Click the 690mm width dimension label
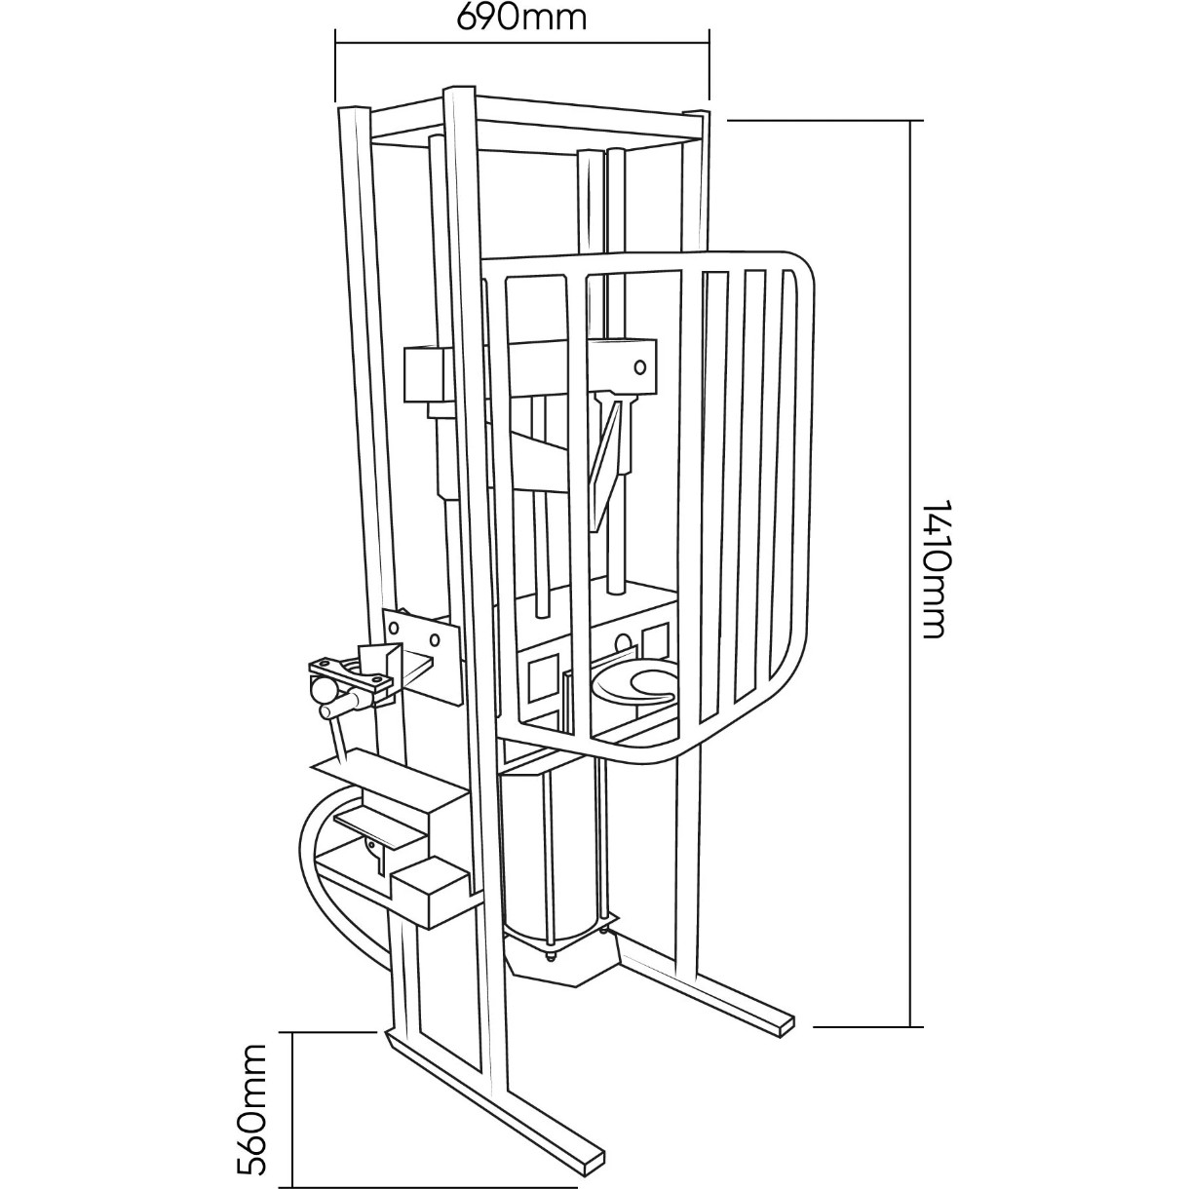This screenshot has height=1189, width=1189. pyautogui.click(x=520, y=19)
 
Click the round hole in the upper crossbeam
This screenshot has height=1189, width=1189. pyautogui.click(x=640, y=367)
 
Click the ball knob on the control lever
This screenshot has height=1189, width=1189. pyautogui.click(x=321, y=689)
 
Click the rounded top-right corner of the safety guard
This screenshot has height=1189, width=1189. pyautogui.click(x=801, y=265)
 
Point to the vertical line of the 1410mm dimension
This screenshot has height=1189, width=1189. pyautogui.click(x=911, y=573)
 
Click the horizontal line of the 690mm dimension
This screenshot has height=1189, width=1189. pyautogui.click(x=522, y=42)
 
